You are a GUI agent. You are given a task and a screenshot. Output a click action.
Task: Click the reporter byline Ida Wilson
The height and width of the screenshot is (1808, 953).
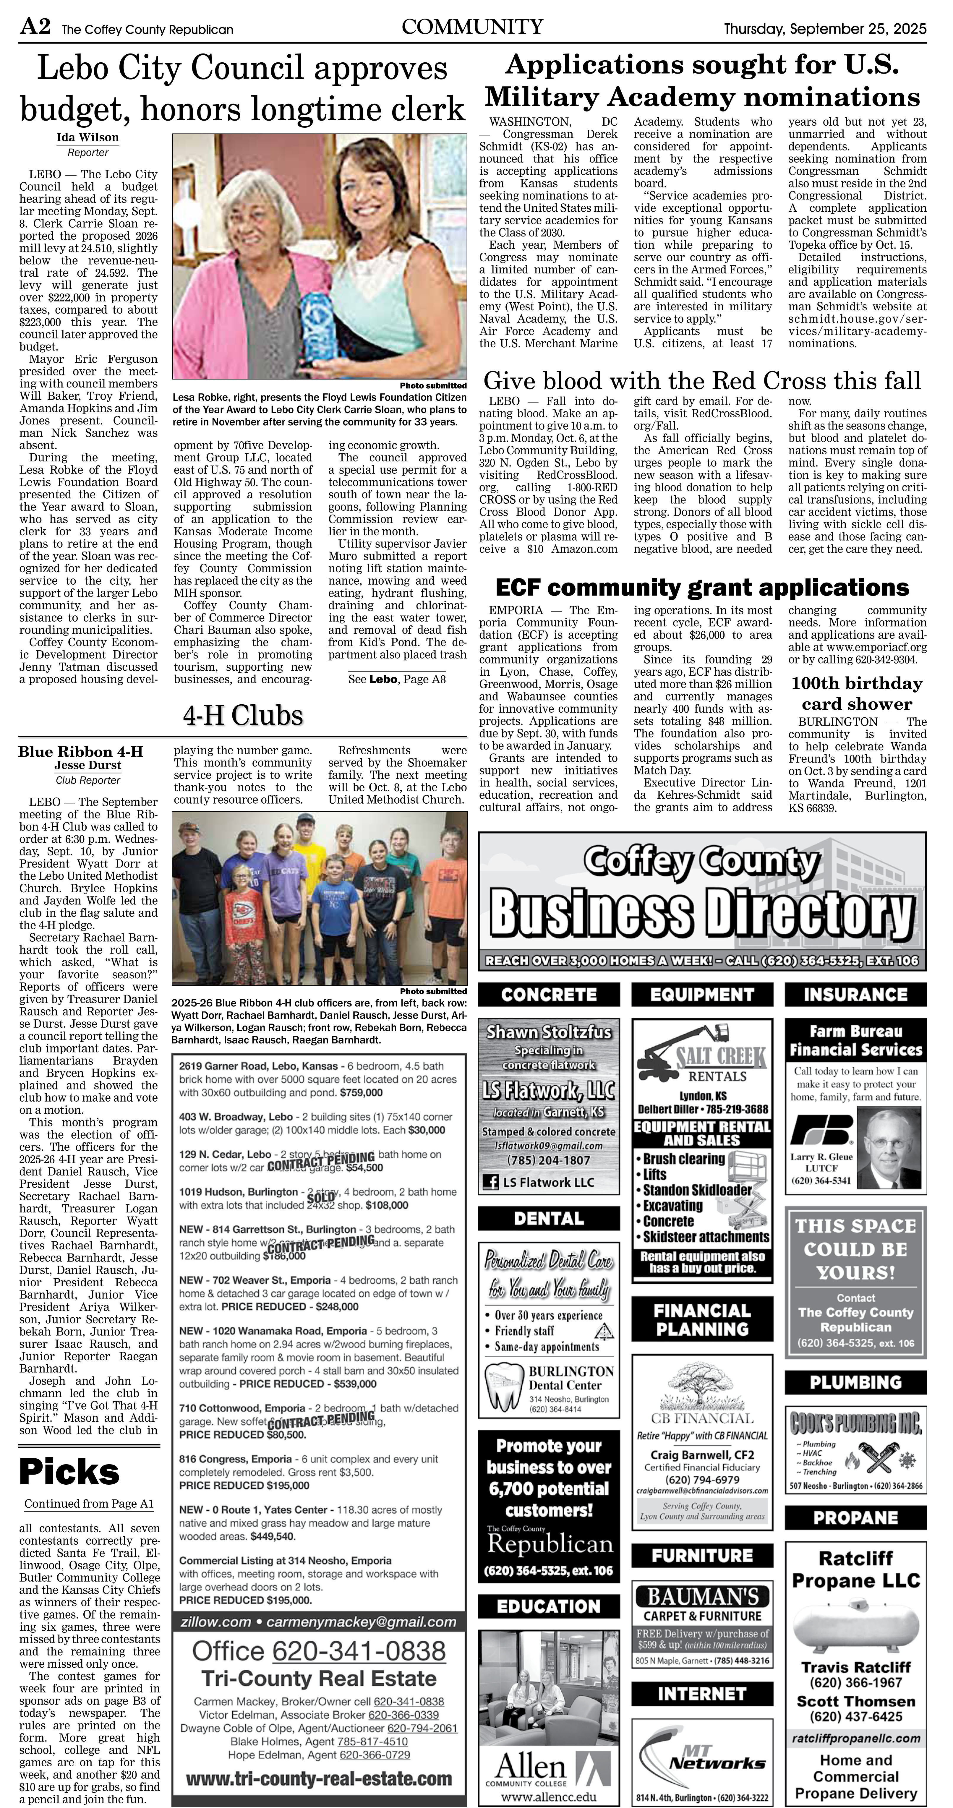click(88, 137)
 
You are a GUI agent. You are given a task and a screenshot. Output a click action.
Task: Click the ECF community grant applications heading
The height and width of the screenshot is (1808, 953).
click(702, 588)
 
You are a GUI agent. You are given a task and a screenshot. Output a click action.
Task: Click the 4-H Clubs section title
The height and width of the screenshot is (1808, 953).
click(243, 715)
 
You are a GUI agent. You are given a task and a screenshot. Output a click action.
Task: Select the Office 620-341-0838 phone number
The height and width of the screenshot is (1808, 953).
click(319, 1651)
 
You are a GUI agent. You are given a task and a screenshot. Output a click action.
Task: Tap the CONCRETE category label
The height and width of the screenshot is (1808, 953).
click(549, 995)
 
